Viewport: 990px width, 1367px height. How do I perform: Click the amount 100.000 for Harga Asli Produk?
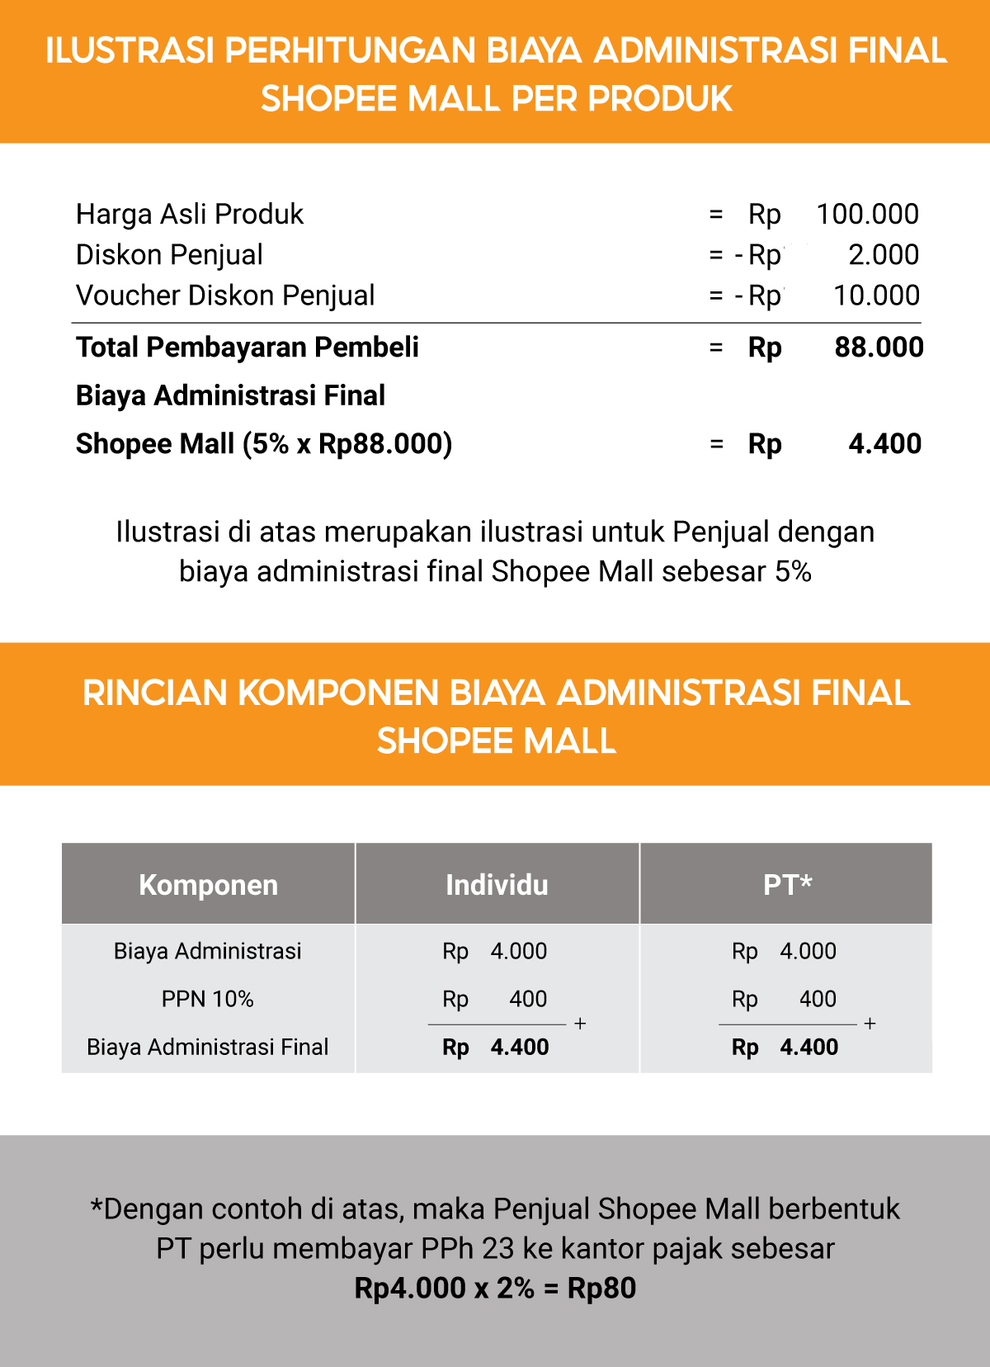click(x=867, y=215)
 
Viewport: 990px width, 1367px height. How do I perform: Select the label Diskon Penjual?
click(x=169, y=255)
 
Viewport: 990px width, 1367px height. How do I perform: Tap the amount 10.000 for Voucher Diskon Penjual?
click(x=876, y=296)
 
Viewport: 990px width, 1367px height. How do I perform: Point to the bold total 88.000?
click(x=879, y=348)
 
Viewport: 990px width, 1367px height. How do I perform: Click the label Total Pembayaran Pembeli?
click(x=247, y=348)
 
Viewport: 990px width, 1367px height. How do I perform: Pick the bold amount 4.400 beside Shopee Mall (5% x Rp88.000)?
click(x=884, y=444)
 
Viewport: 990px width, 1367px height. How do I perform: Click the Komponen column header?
click(x=208, y=885)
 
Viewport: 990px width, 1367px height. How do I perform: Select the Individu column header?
click(x=497, y=885)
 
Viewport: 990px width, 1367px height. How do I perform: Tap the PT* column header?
click(x=787, y=885)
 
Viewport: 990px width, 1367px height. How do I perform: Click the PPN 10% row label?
click(x=208, y=1000)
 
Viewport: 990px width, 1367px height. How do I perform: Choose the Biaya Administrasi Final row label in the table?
click(x=208, y=1048)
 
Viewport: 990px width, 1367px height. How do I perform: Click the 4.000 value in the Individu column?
click(x=518, y=952)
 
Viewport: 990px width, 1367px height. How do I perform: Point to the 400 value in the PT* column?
click(x=818, y=1000)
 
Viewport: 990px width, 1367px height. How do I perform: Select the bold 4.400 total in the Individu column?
click(x=519, y=1048)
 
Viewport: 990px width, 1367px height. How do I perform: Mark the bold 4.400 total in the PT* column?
click(x=808, y=1048)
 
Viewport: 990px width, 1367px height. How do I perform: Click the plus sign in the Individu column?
click(x=580, y=1024)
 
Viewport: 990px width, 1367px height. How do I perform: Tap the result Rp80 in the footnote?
click(x=601, y=1289)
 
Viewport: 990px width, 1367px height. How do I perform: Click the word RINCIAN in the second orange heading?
click(x=154, y=693)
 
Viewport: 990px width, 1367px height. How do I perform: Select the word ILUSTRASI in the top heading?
click(x=130, y=51)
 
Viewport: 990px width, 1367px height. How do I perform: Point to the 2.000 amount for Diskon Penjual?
click(x=884, y=255)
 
